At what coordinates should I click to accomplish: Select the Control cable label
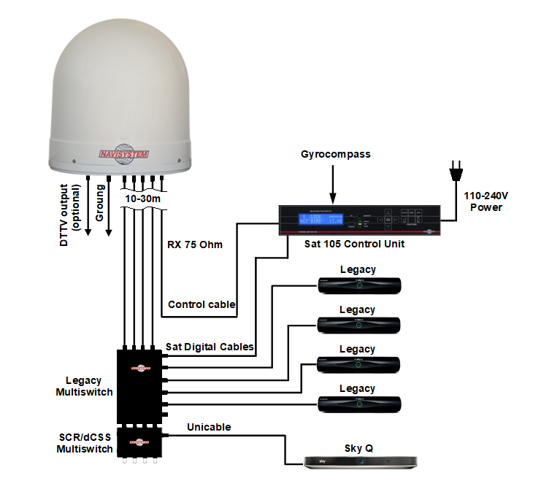pyautogui.click(x=202, y=304)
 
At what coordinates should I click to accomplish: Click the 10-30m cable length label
pyautogui.click(x=143, y=198)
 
